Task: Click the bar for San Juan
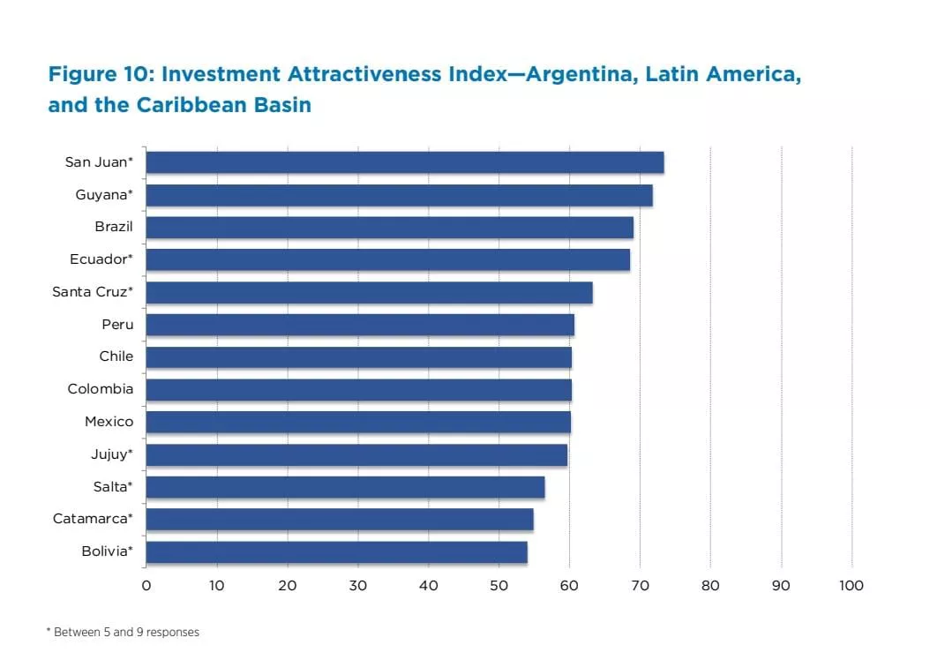[404, 162]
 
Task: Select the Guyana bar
[399, 195]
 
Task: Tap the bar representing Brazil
[389, 228]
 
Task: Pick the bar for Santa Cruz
[369, 292]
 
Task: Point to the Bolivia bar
[336, 552]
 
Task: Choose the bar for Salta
[345, 487]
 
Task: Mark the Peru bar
[360, 325]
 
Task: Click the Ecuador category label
[101, 259]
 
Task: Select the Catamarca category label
[93, 519]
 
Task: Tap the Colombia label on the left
[101, 389]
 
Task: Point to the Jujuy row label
[112, 454]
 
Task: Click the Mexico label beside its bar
[109, 422]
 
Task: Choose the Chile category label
[116, 356]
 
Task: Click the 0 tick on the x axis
[146, 586]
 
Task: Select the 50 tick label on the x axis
[499, 586]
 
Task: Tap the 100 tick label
[851, 586]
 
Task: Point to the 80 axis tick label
[710, 586]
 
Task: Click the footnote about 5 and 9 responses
[124, 633]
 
